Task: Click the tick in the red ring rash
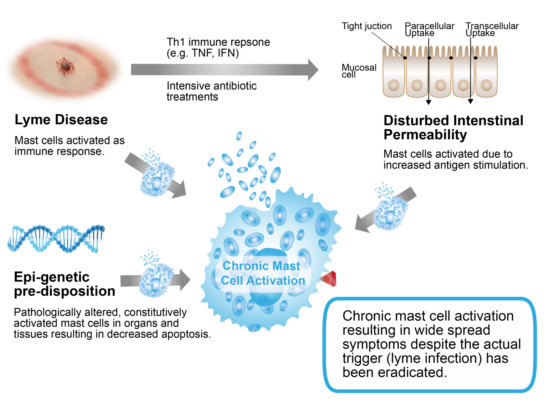(65, 66)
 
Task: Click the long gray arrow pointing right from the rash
(221, 70)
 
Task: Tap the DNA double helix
(56, 239)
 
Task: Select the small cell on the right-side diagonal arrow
(390, 213)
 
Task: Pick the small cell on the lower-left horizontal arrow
(156, 280)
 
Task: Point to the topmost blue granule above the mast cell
(239, 136)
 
